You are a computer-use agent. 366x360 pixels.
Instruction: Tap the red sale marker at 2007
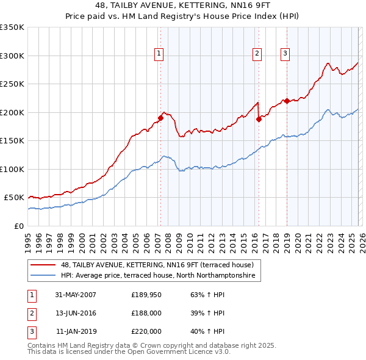(161, 118)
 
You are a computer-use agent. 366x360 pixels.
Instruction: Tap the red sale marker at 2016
(259, 119)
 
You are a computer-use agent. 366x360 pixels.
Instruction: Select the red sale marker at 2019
(287, 101)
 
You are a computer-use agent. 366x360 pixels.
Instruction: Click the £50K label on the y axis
(13, 198)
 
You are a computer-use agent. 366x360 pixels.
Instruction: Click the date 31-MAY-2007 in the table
(76, 295)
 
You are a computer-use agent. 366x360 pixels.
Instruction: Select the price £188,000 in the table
(146, 313)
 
